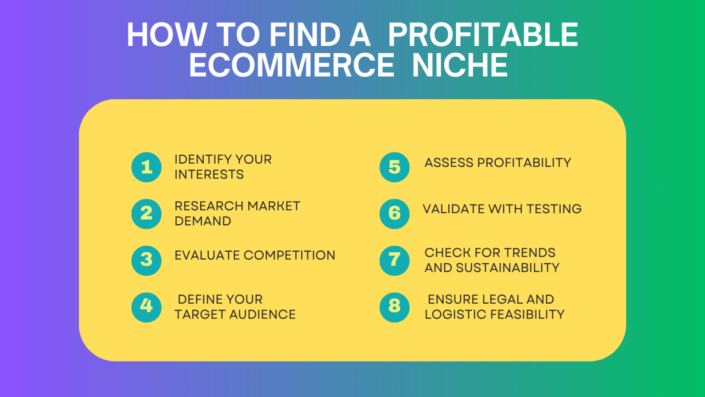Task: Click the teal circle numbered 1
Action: [x=146, y=167]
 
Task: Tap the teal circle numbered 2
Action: [x=146, y=214]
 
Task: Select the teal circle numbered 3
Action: [x=146, y=260]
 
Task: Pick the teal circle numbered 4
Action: [x=146, y=307]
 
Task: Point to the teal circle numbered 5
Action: [x=395, y=167]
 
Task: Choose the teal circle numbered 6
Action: [x=395, y=214]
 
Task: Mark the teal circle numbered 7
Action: [x=395, y=260]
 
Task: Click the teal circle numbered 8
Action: [x=395, y=307]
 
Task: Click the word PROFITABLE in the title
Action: [x=483, y=35]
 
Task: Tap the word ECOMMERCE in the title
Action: [x=291, y=65]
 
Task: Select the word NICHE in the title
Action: [x=460, y=65]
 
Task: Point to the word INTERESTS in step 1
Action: [x=209, y=175]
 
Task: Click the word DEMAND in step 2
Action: [x=203, y=221]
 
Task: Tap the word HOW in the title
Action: [x=167, y=35]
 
